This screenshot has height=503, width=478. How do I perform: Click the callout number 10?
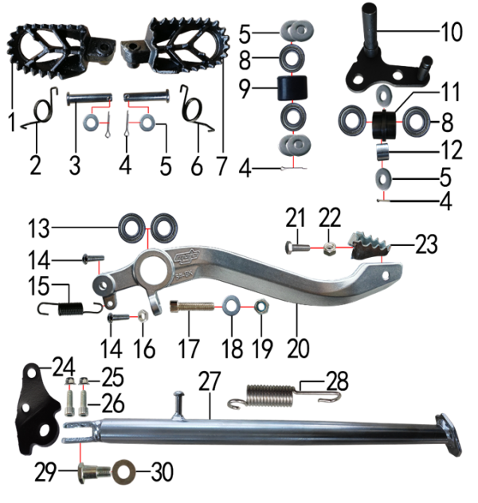coord(452,32)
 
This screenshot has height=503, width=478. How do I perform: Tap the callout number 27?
coord(210,381)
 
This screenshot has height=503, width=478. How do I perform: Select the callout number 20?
coord(298,348)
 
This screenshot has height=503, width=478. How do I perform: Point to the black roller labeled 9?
coord(292,88)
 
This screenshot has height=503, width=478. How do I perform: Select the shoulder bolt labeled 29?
coord(94,473)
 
